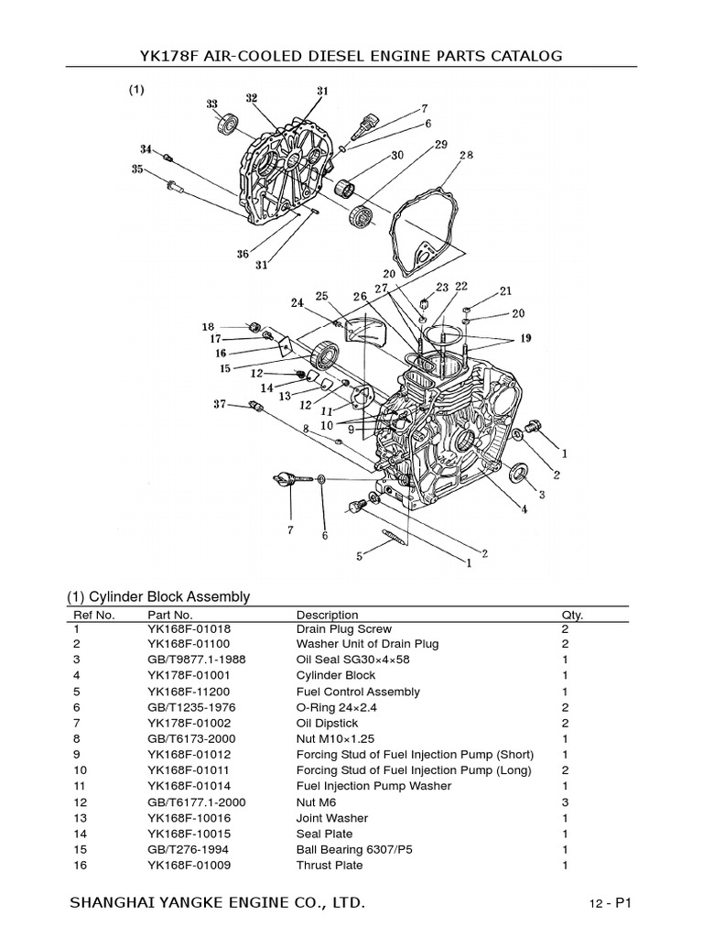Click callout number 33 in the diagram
(212, 104)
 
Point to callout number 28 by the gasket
(466, 156)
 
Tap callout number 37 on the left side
(220, 404)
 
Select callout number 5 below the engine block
(360, 555)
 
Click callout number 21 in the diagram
(505, 291)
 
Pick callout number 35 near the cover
(137, 169)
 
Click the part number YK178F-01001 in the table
(186, 676)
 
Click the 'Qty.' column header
(571, 615)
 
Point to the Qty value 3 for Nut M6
(565, 802)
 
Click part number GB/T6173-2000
(188, 738)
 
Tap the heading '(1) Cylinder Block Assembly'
(158, 596)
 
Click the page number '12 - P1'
(611, 904)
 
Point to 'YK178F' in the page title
(172, 57)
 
